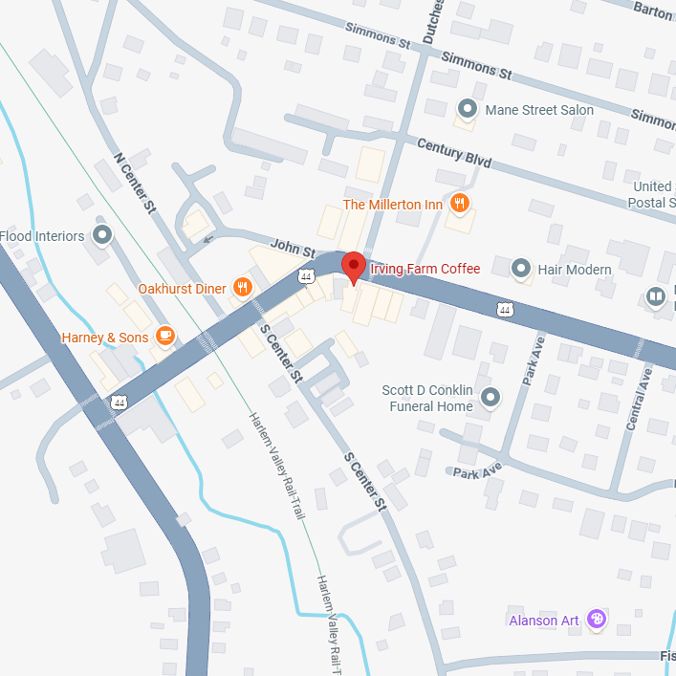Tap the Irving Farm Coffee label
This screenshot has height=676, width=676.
coord(425,269)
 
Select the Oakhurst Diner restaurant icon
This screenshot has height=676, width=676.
coord(243,287)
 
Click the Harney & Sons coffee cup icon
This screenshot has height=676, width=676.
coord(165,336)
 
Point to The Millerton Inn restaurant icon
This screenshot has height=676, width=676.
coord(460,204)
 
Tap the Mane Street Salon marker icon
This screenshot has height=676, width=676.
coord(468,109)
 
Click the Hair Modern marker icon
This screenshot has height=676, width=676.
coord(521,269)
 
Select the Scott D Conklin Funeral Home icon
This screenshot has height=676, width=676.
coord(491,396)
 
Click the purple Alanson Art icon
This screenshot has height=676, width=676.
coord(597,620)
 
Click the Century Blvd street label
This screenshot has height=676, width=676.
coord(454,152)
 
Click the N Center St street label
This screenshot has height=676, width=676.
coord(134,182)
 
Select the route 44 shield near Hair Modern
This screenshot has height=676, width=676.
coord(505,309)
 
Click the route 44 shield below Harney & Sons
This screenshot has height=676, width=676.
coord(119,403)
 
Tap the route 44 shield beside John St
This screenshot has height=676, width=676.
coord(306,276)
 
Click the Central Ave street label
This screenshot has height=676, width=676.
coord(638,402)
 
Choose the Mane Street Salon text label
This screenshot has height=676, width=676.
coord(539,110)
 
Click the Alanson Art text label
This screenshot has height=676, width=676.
coord(544,621)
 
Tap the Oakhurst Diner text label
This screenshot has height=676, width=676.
coord(182,288)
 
